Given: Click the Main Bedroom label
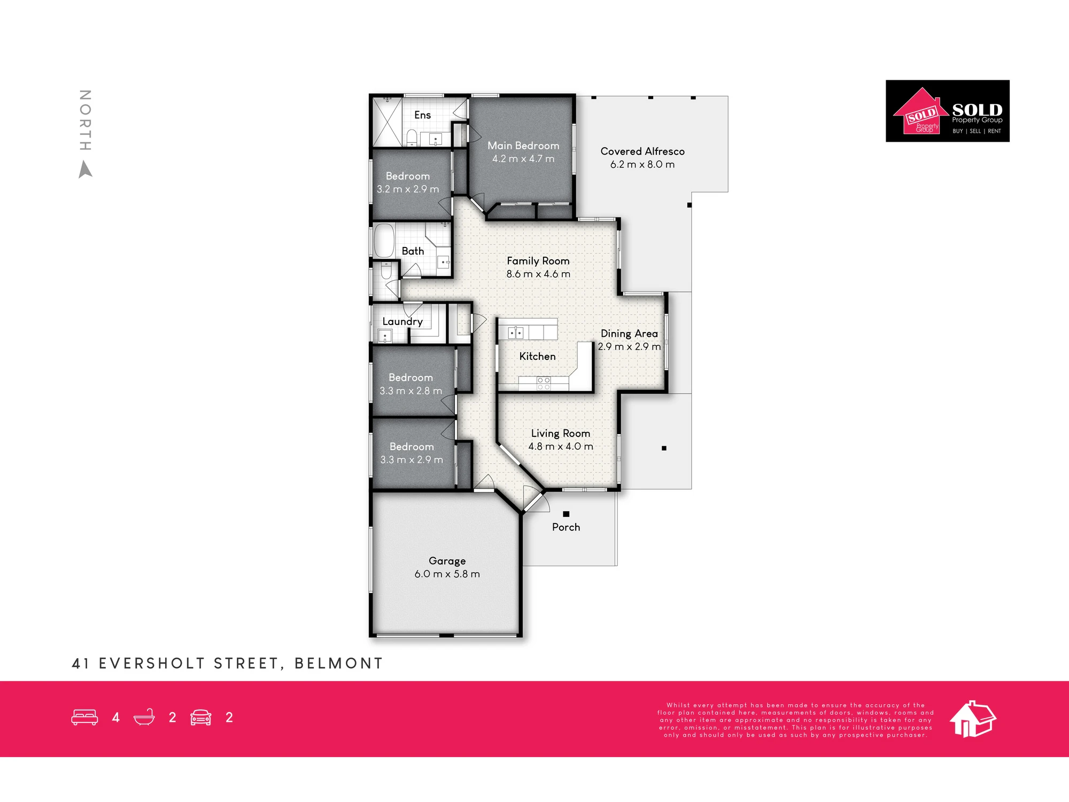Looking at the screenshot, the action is pos(523,145).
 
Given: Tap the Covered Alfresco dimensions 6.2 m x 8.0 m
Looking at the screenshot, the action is pos(642,165).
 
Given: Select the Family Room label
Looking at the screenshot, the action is pos(538,261).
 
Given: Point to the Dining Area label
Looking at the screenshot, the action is pos(629,334).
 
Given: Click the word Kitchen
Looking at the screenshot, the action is pos(537,357).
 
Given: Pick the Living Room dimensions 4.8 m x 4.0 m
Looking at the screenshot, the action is pos(561,446).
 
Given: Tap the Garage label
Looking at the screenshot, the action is pos(447,561).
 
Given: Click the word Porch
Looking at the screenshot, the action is pos(566,527).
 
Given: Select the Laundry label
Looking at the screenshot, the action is pos(402,321).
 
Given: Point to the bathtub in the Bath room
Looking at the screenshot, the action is pos(384,241).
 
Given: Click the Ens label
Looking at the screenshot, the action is pos(422,115).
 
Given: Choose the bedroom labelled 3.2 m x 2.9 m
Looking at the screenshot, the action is pos(408,182).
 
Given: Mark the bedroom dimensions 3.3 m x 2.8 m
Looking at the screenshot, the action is pos(411,391).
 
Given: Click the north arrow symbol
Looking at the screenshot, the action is pos(86,170).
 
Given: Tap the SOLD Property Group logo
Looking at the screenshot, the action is pos(948,111).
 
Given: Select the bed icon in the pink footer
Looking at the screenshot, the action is pos(84,718).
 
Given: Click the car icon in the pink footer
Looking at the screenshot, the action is pos(201,718).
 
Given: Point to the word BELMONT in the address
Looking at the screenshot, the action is pos(339,664).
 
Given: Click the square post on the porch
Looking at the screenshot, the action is pos(566,514).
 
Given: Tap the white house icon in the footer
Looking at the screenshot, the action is pos(973,719).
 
